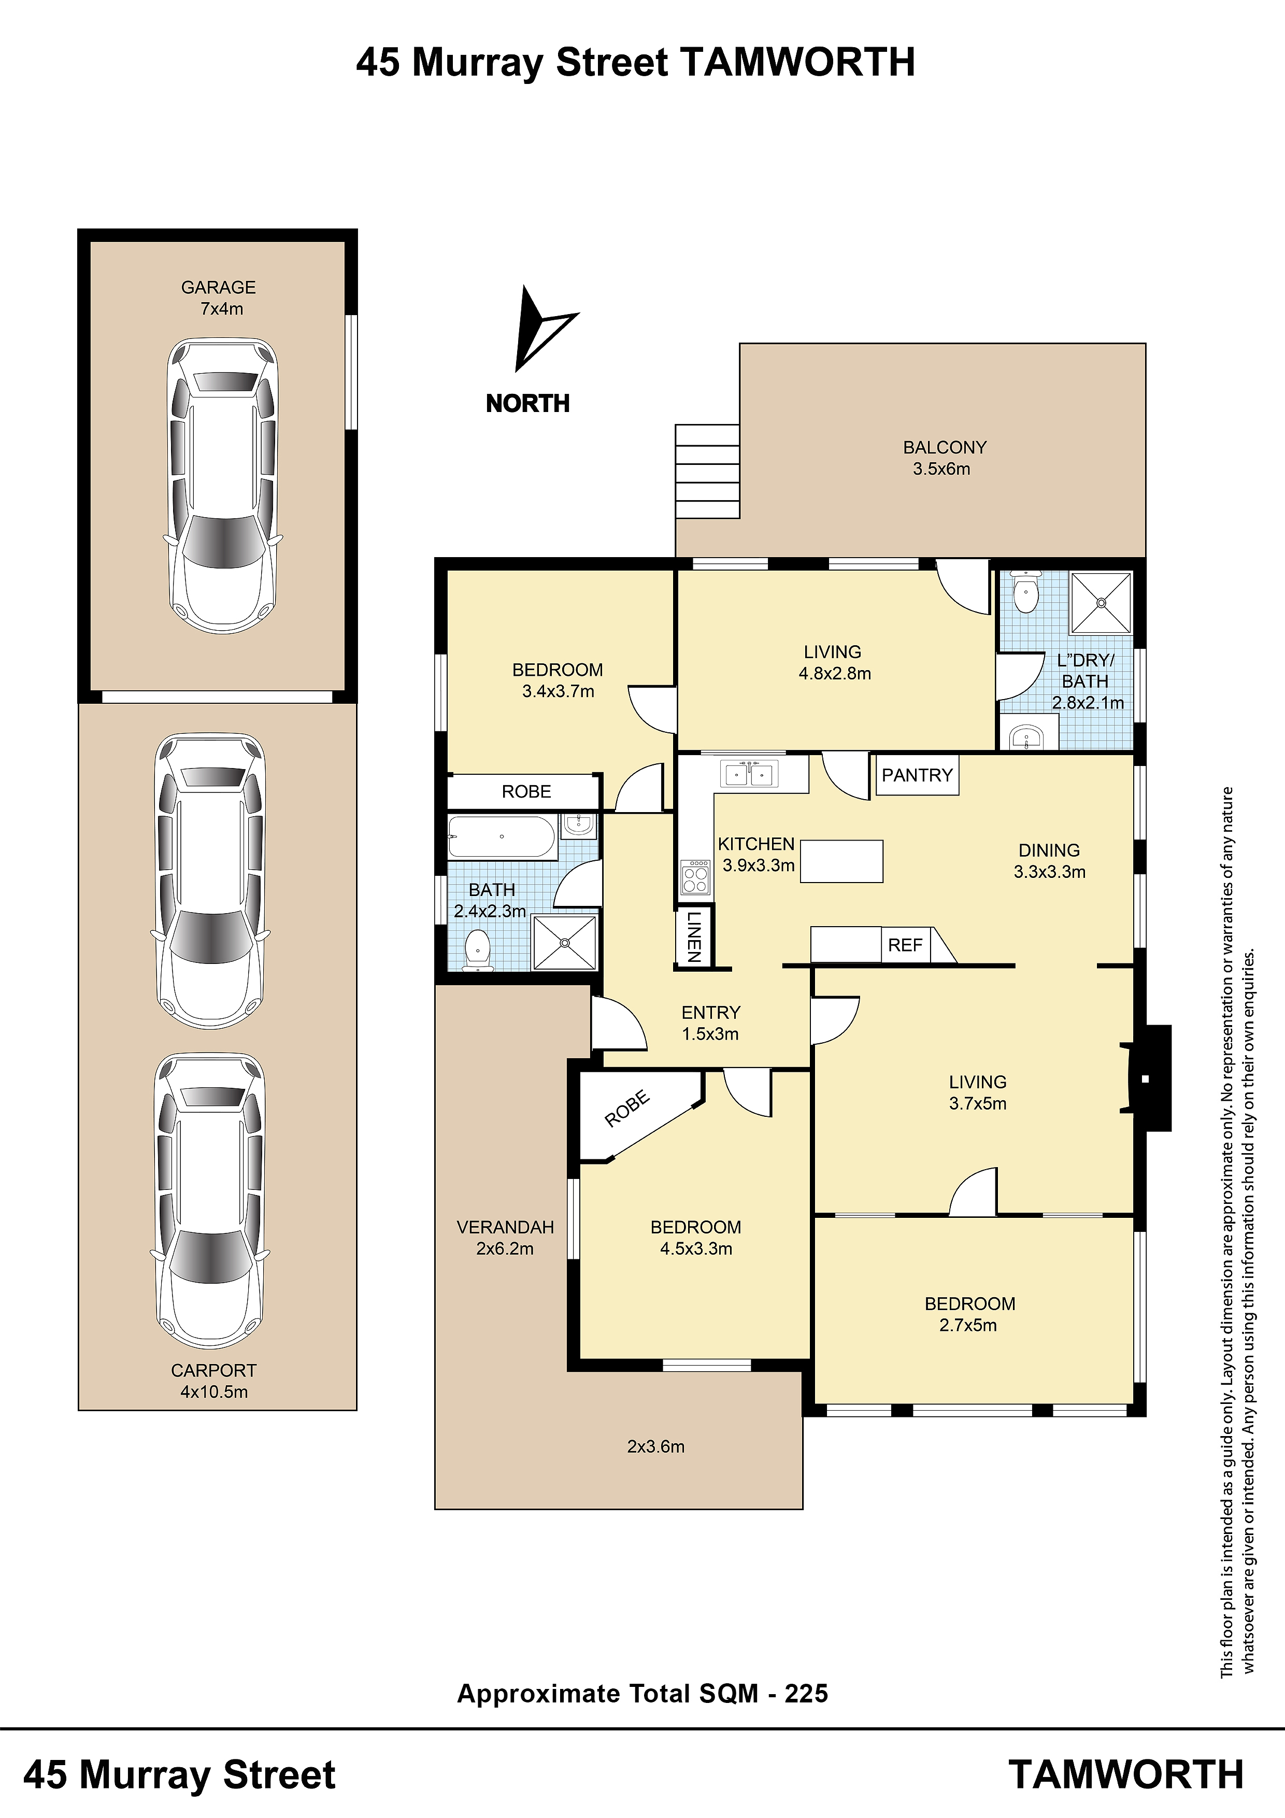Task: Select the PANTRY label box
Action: [917, 775]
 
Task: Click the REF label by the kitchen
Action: [905, 945]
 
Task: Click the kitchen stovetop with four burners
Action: [696, 876]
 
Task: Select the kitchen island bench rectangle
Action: [841, 861]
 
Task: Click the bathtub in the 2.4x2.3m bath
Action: [502, 837]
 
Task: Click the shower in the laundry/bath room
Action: [1101, 603]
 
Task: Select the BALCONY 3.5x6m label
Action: [944, 458]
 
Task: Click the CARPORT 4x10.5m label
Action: [214, 1381]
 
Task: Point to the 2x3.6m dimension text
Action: [655, 1446]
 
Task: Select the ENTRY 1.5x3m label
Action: [710, 1023]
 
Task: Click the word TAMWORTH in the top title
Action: [797, 62]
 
